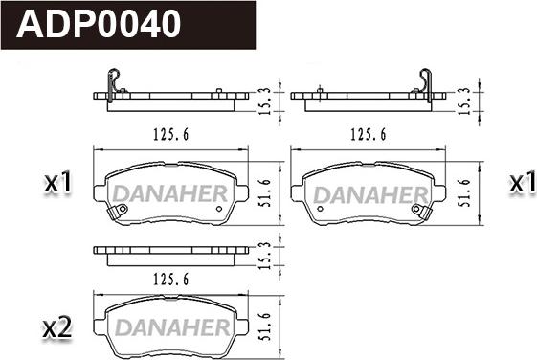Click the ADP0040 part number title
tap(99, 24)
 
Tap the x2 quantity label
tap(57, 327)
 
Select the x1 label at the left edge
tap(57, 182)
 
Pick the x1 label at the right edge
tap(523, 182)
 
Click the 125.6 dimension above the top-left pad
tap(171, 134)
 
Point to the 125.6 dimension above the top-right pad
tap(369, 134)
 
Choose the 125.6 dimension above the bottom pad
tap(171, 280)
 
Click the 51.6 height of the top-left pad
tap(264, 192)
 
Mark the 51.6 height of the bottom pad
tap(264, 326)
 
